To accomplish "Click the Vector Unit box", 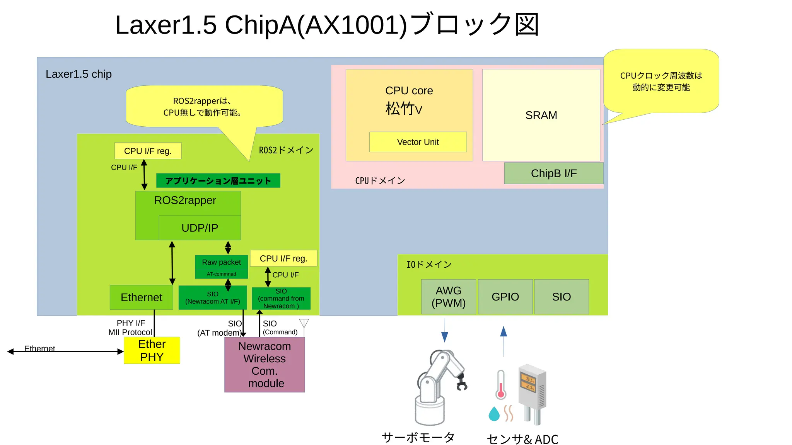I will tap(418, 142).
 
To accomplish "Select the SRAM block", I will tap(541, 115).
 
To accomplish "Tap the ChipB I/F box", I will tap(553, 173).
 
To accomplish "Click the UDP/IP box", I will tap(200, 228).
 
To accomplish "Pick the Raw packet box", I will tap(221, 266).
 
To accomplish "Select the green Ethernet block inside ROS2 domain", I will tap(141, 297).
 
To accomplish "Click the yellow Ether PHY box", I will tap(152, 350).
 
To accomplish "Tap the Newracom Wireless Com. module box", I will tap(265, 364).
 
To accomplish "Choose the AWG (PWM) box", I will tap(448, 296).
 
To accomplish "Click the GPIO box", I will tap(505, 296).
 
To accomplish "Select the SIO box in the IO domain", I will tap(561, 296).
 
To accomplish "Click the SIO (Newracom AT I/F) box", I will tap(212, 297).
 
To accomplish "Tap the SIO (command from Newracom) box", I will tap(281, 298).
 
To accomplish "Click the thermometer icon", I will tap(501, 385).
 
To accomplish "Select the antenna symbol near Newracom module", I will tap(304, 323).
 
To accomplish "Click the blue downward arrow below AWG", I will tap(445, 336).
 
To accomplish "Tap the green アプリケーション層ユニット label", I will tap(218, 180).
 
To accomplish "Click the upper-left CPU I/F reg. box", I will tap(148, 151).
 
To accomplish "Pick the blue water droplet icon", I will tap(494, 414).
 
